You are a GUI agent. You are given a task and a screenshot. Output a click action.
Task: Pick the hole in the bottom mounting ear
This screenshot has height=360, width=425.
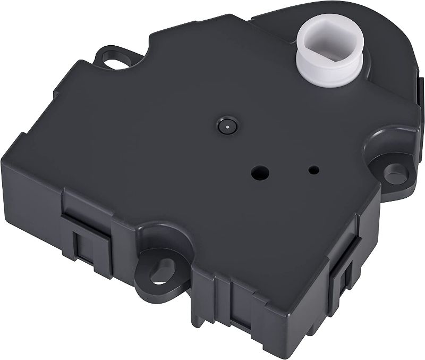pos(158,274)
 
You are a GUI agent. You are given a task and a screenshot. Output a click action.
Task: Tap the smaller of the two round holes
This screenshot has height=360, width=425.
pos(314,170)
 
